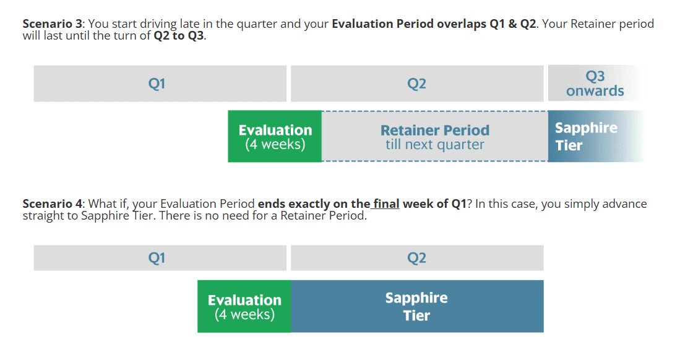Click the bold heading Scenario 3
pyautogui.click(x=52, y=24)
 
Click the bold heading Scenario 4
pyautogui.click(x=52, y=204)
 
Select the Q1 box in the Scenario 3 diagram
pyautogui.click(x=160, y=84)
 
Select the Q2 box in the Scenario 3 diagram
pyautogui.click(x=417, y=84)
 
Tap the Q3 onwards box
pyautogui.click(x=595, y=84)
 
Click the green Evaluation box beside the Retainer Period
pyautogui.click(x=275, y=136)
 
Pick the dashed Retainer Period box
pyautogui.click(x=435, y=136)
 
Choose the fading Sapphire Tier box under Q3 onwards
pyautogui.click(x=595, y=136)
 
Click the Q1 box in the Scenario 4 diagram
pyautogui.click(x=160, y=258)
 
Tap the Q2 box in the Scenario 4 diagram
pyautogui.click(x=417, y=258)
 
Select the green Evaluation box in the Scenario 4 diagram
pyautogui.click(x=244, y=306)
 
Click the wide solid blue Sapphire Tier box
pyautogui.click(x=417, y=306)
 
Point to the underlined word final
pyautogui.click(x=386, y=204)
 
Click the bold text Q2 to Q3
pyautogui.click(x=179, y=36)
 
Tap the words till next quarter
pyautogui.click(x=435, y=145)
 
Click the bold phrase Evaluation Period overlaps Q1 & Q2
pyautogui.click(x=434, y=24)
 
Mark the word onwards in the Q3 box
pyautogui.click(x=595, y=91)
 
